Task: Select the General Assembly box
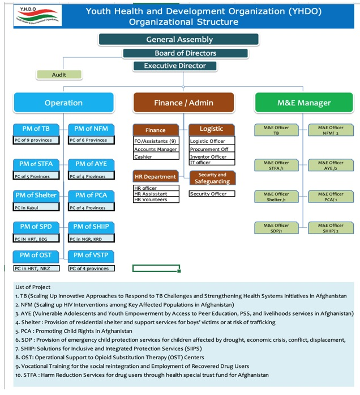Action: tap(179, 40)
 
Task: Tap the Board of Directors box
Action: tap(185, 53)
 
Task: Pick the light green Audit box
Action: tap(59, 75)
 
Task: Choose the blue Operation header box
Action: tap(63, 103)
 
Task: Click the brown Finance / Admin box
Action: tap(183, 103)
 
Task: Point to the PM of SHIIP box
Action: tap(91, 227)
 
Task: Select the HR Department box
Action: tap(155, 177)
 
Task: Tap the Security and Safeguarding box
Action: tap(212, 178)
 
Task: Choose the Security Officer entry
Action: tap(211, 194)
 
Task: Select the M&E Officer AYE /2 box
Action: tap(331, 165)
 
